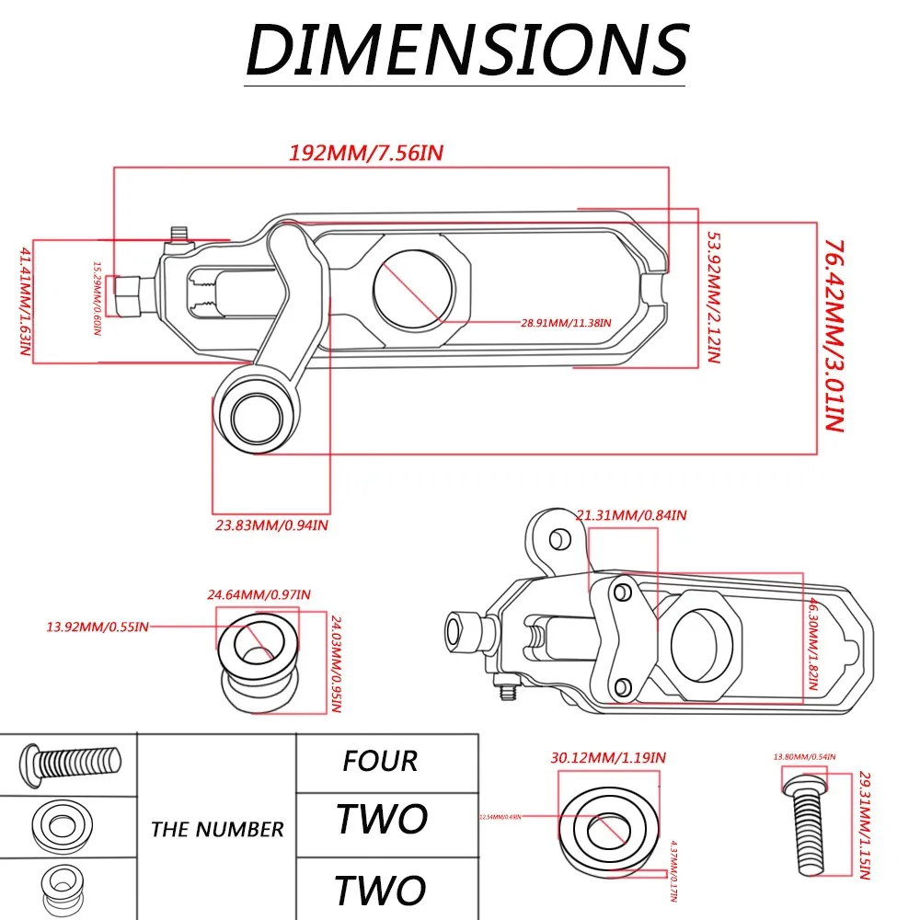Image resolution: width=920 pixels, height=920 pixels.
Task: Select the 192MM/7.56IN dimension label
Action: coord(367,153)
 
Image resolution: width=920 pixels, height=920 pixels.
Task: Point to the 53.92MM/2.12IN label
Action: coord(711,297)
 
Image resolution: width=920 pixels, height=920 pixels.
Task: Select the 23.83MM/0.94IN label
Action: coord(267,525)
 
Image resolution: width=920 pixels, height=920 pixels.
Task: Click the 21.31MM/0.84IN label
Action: coord(631,515)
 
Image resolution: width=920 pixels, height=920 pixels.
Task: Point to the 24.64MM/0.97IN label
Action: coord(259,594)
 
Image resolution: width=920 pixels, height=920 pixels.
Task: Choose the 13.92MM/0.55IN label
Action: coord(97,627)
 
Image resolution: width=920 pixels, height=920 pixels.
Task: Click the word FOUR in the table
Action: coord(380,762)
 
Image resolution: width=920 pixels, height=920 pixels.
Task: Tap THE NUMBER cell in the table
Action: coord(217,829)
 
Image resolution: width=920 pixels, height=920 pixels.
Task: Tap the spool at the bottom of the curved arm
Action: coord(257,416)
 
